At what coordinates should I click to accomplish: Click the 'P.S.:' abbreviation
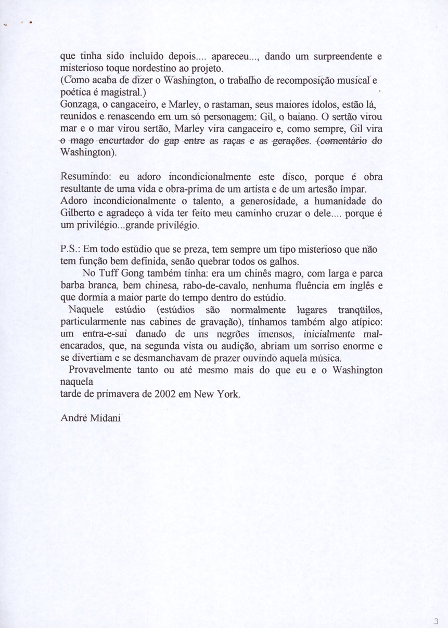coord(71,249)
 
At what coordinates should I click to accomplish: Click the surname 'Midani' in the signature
coord(107,418)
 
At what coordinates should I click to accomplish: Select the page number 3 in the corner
coord(436,620)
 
